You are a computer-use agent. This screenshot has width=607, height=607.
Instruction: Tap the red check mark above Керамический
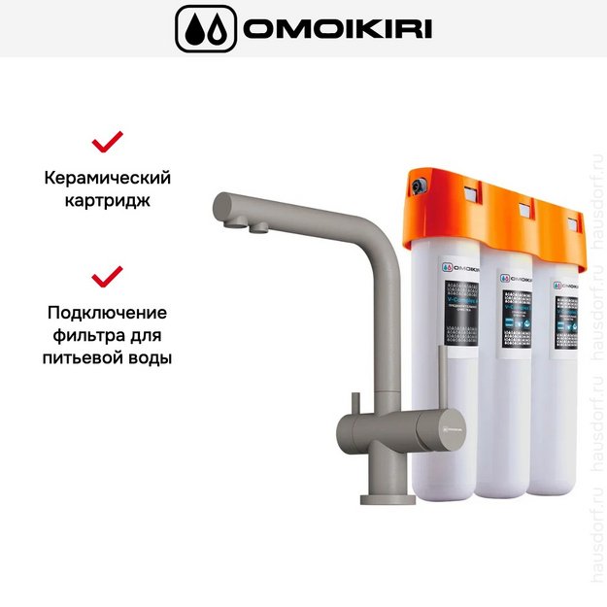(107, 143)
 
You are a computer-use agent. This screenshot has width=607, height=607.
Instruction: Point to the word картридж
(107, 202)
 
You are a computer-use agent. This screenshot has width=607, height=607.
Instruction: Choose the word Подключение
(107, 313)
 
